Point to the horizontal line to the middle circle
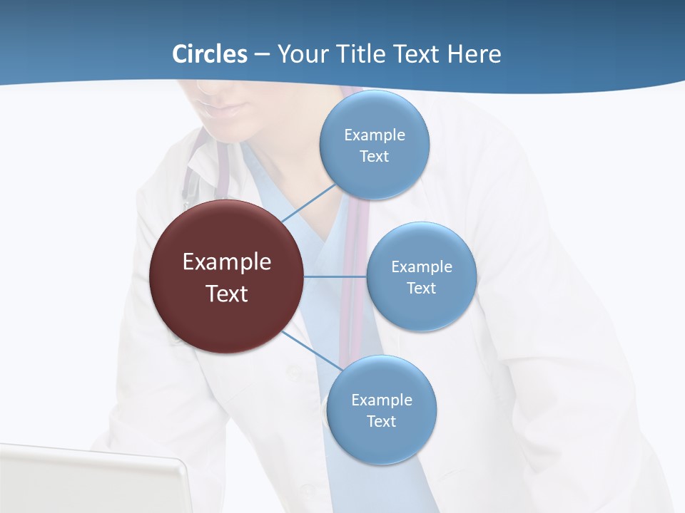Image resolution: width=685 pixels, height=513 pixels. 335,276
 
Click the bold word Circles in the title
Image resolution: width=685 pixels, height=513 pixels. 209,54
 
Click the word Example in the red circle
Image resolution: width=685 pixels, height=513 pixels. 227,262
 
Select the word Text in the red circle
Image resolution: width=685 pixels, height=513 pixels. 227,294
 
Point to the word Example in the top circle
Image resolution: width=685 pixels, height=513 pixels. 375,135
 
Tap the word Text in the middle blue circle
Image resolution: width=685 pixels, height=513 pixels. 421,288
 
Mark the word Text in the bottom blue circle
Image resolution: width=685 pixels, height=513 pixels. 381,421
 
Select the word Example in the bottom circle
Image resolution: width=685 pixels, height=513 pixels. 382,400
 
